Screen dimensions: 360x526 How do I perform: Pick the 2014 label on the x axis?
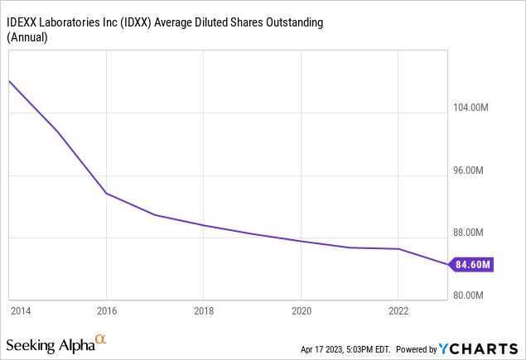pos(20,311)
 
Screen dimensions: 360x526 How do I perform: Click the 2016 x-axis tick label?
pos(106,311)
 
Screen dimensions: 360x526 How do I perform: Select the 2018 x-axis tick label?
pos(203,311)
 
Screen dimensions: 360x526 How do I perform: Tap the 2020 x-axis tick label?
pos(301,311)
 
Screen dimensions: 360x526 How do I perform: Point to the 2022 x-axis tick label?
pos(398,311)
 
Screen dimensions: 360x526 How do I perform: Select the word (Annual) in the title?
pos(28,36)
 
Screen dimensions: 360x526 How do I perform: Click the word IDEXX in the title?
pos(26,19)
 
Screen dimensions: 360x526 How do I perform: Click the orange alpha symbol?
pos(100,339)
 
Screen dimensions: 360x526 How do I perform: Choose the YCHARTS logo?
pos(482,348)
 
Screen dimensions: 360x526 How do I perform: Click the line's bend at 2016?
pos(106,193)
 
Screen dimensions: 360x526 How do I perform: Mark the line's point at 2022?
pos(398,249)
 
